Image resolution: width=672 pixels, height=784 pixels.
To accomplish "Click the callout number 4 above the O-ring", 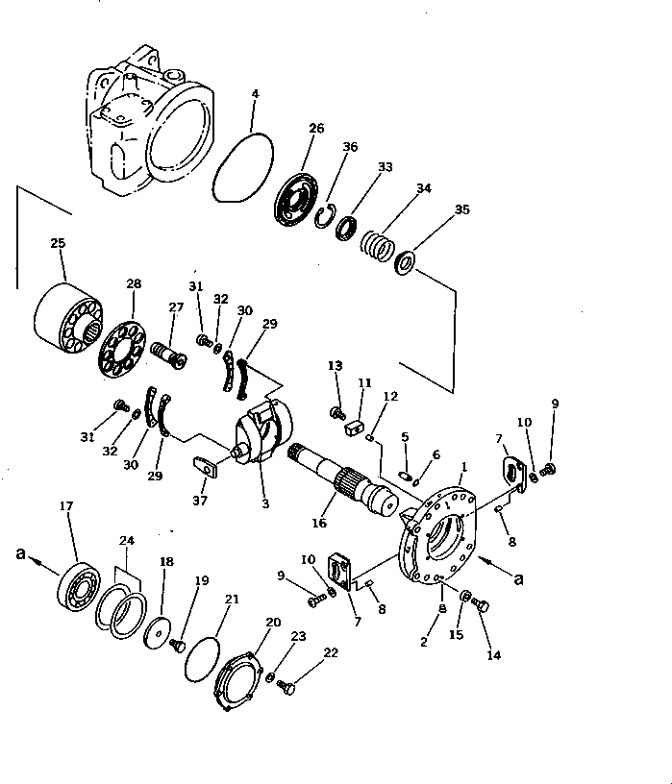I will [255, 94].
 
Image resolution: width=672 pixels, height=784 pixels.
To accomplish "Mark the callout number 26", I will [316, 128].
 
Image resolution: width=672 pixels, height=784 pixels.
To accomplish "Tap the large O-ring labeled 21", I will [200, 660].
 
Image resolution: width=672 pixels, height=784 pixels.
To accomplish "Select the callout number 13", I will [335, 365].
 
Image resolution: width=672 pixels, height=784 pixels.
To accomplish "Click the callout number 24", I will [126, 540].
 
